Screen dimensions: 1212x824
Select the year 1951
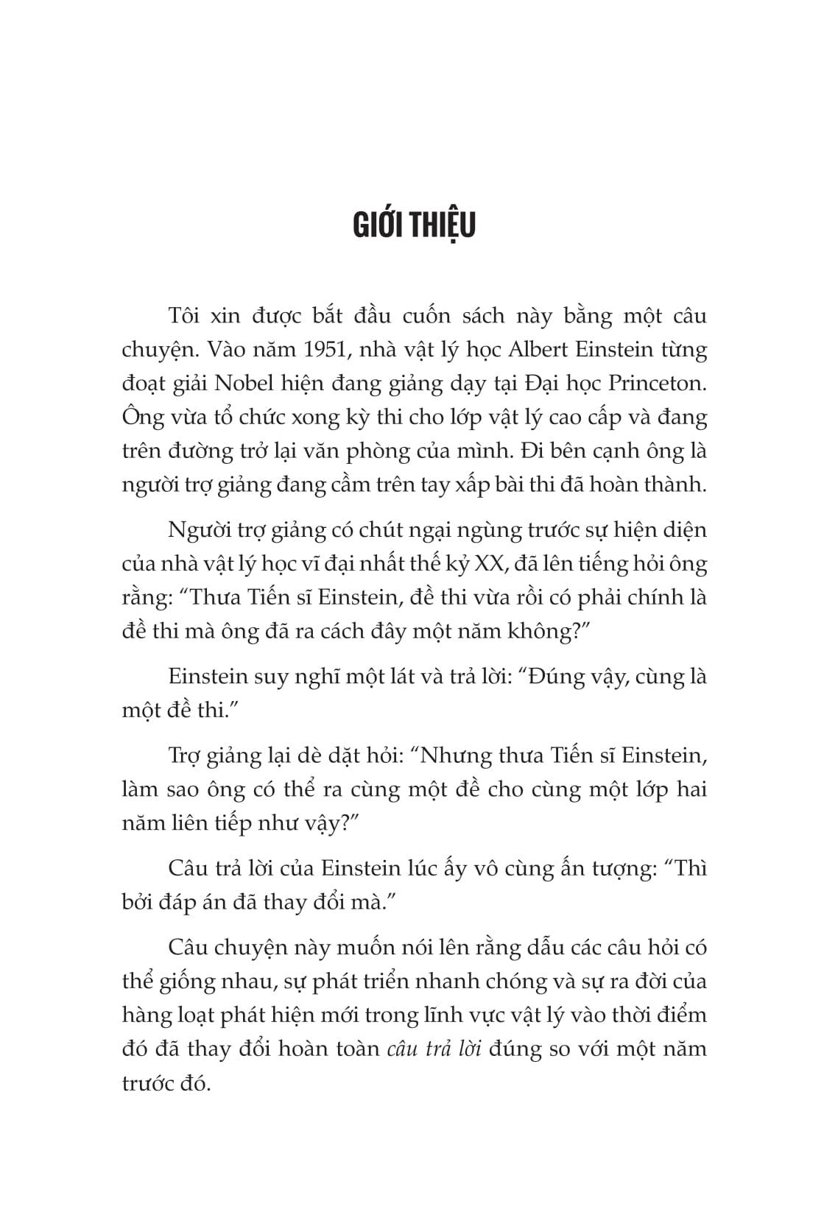(x=334, y=349)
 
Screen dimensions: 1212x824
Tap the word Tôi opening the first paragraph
(x=185, y=315)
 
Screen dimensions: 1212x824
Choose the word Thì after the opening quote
(x=689, y=868)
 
